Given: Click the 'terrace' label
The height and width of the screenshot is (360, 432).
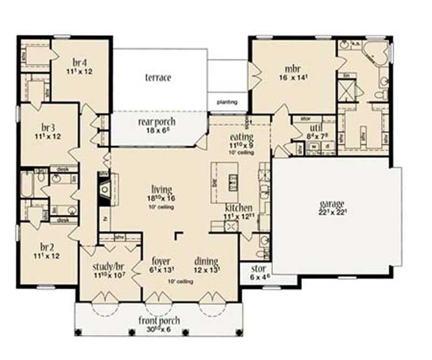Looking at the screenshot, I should click(158, 78).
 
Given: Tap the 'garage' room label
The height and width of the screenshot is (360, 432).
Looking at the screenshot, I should click(332, 203).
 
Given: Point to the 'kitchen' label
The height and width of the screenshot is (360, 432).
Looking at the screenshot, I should click(238, 208).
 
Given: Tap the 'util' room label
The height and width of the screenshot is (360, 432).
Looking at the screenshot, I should click(301, 128).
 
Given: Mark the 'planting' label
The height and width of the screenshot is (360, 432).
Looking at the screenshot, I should click(227, 101).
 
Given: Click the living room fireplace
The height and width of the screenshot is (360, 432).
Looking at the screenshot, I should click(105, 189).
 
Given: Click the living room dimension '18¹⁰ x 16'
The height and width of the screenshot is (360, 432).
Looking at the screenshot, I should click(162, 198).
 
